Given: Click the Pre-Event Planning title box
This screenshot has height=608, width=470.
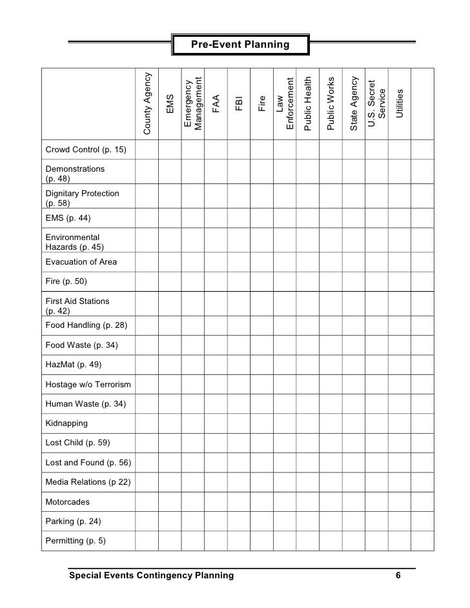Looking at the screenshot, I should (240, 45).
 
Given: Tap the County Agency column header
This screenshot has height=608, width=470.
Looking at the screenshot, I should (147, 104).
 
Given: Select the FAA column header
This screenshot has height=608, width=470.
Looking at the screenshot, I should (216, 104).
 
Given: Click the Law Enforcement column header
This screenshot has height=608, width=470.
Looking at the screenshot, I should (285, 104).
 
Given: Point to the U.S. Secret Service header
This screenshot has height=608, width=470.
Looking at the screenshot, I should (377, 104).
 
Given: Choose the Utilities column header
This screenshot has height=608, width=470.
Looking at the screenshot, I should (400, 104).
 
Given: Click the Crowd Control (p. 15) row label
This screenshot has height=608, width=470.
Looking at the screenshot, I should (86, 151).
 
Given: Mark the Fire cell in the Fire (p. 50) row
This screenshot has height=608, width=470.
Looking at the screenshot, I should (261, 281).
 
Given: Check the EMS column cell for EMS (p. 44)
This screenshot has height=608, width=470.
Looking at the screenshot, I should (170, 218).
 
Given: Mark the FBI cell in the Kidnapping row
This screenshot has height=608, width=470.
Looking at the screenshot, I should (239, 423).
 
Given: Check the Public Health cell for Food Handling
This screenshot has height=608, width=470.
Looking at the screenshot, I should (307, 325).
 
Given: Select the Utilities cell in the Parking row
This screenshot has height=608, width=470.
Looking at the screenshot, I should (400, 521).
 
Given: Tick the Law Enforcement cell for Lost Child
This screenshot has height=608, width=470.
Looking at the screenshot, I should (285, 443).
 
